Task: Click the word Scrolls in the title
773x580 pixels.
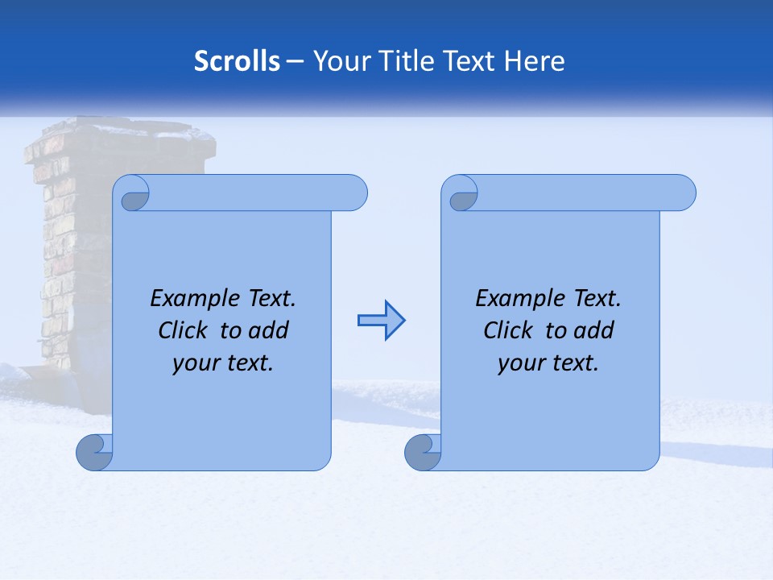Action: tap(237, 61)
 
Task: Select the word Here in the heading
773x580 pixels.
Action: tap(534, 61)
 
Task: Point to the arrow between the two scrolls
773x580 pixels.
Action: tap(381, 321)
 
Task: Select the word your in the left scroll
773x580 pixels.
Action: tap(194, 363)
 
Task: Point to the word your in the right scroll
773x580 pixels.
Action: tap(519, 363)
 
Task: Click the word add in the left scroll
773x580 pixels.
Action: tap(268, 330)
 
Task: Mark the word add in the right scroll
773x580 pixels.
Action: tap(593, 330)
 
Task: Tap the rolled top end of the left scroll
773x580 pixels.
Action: tap(258, 193)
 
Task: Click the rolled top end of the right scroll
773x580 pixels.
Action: tap(586, 193)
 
